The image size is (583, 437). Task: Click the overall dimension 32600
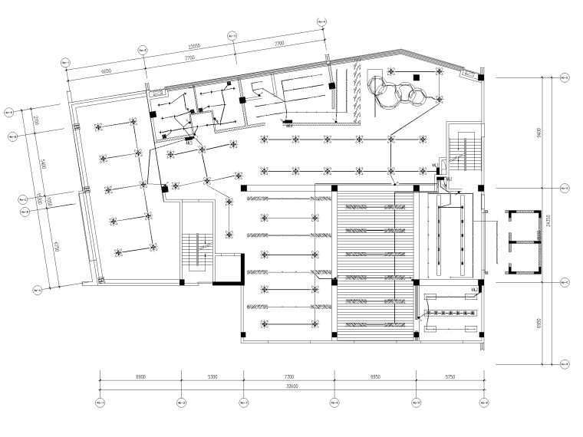[291, 388]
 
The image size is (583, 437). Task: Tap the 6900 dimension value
[140, 377]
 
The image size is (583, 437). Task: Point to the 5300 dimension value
[212, 377]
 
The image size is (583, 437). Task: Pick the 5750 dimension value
[450, 377]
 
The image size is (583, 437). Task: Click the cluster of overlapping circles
[398, 90]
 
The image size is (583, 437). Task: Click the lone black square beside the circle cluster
[415, 77]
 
